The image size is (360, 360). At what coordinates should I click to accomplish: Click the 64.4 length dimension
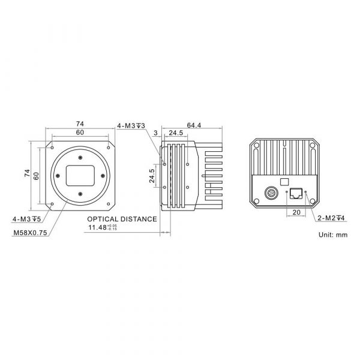(x=194, y=125)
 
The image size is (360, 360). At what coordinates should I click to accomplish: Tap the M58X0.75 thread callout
(x=31, y=233)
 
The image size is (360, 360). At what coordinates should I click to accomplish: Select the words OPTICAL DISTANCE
(x=122, y=219)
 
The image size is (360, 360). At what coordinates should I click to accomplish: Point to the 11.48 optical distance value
(x=103, y=227)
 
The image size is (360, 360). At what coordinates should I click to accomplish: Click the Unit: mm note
(x=333, y=235)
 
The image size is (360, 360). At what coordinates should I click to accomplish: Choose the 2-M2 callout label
(x=331, y=218)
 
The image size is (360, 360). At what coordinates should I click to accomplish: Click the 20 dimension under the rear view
(x=296, y=212)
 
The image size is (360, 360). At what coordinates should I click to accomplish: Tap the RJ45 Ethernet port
(x=296, y=193)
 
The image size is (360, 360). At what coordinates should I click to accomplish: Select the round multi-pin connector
(x=271, y=193)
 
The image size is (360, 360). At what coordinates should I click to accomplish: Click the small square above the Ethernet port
(x=284, y=182)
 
